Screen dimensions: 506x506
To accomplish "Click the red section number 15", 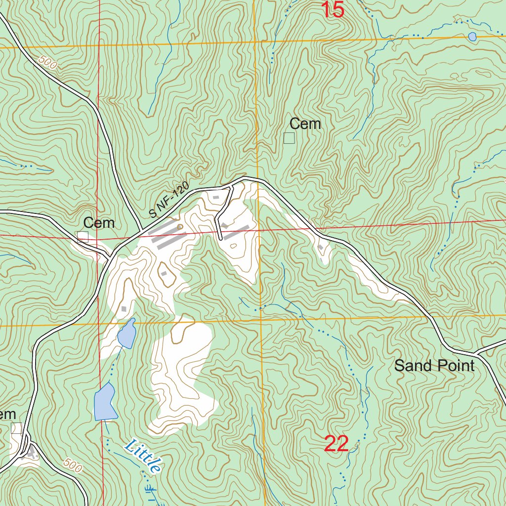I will [333, 10].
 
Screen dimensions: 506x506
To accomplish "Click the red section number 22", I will [337, 444].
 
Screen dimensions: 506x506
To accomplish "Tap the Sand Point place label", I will [434, 366].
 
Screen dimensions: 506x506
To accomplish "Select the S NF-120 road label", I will [169, 200].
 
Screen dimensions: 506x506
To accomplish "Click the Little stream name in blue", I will [144, 456].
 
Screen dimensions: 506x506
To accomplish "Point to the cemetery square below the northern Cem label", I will [289, 138].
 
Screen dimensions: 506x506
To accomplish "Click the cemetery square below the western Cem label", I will [83, 237].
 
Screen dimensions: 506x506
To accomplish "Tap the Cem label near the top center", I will [305, 124].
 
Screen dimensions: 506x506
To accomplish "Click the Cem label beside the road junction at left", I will [99, 223].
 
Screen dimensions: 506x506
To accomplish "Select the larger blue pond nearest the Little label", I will [104, 401].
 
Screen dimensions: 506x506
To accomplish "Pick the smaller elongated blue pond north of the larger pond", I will [126, 334].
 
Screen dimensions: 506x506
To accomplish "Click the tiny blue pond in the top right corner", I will [472, 37].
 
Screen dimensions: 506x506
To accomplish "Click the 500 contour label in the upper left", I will [47, 63].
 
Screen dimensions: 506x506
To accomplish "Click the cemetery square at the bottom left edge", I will [16, 428].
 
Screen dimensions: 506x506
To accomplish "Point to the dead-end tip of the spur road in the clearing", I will [220, 239].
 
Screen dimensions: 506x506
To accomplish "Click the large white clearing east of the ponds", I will [183, 376].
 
